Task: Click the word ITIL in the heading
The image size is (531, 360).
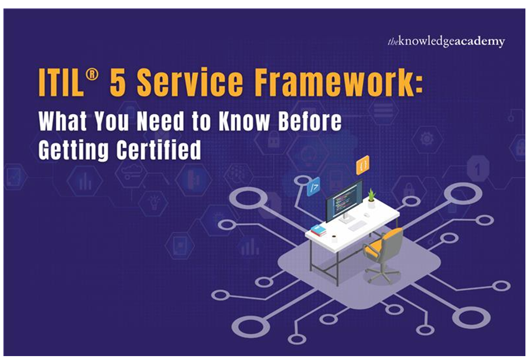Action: click(x=61, y=82)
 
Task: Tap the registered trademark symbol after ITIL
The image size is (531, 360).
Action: click(x=92, y=75)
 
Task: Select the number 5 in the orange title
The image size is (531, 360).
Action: click(x=118, y=82)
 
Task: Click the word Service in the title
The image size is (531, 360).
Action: click(x=190, y=82)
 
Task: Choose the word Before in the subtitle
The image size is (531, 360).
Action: click(x=310, y=121)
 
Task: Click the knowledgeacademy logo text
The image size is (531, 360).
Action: click(x=446, y=42)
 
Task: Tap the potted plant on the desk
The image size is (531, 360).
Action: click(x=372, y=198)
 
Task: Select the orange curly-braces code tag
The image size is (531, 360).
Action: click(x=363, y=165)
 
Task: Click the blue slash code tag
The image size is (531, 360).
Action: click(x=313, y=187)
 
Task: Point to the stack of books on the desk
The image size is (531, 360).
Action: click(x=318, y=230)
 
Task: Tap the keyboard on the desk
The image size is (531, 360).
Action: click(x=358, y=225)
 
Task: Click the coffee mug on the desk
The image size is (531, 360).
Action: click(x=334, y=238)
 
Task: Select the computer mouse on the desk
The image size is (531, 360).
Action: click(x=366, y=215)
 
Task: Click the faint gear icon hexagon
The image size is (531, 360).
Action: click(x=427, y=139)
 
